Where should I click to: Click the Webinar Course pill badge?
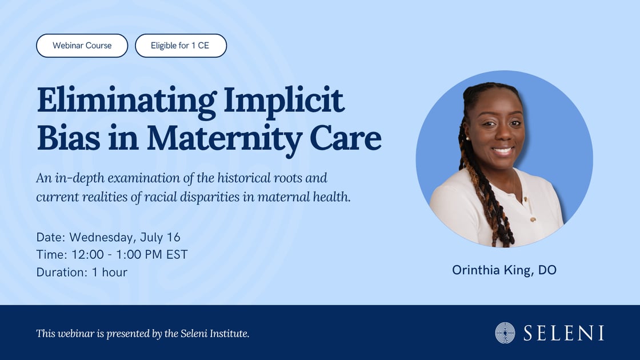(x=82, y=46)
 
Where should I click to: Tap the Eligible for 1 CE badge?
(x=181, y=46)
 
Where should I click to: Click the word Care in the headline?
(x=346, y=138)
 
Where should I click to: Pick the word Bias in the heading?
(x=68, y=138)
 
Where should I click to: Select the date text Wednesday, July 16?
(x=125, y=237)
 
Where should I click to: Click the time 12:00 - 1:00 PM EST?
(x=129, y=255)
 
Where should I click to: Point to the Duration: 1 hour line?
(x=82, y=272)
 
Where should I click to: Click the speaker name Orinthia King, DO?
(x=504, y=270)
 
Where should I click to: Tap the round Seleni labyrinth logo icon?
(x=505, y=333)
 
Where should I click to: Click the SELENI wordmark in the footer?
(x=563, y=333)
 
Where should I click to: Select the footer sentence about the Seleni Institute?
(x=142, y=334)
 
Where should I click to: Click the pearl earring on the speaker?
(x=467, y=139)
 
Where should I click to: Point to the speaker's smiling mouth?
(x=502, y=150)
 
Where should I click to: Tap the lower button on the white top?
(x=533, y=219)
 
